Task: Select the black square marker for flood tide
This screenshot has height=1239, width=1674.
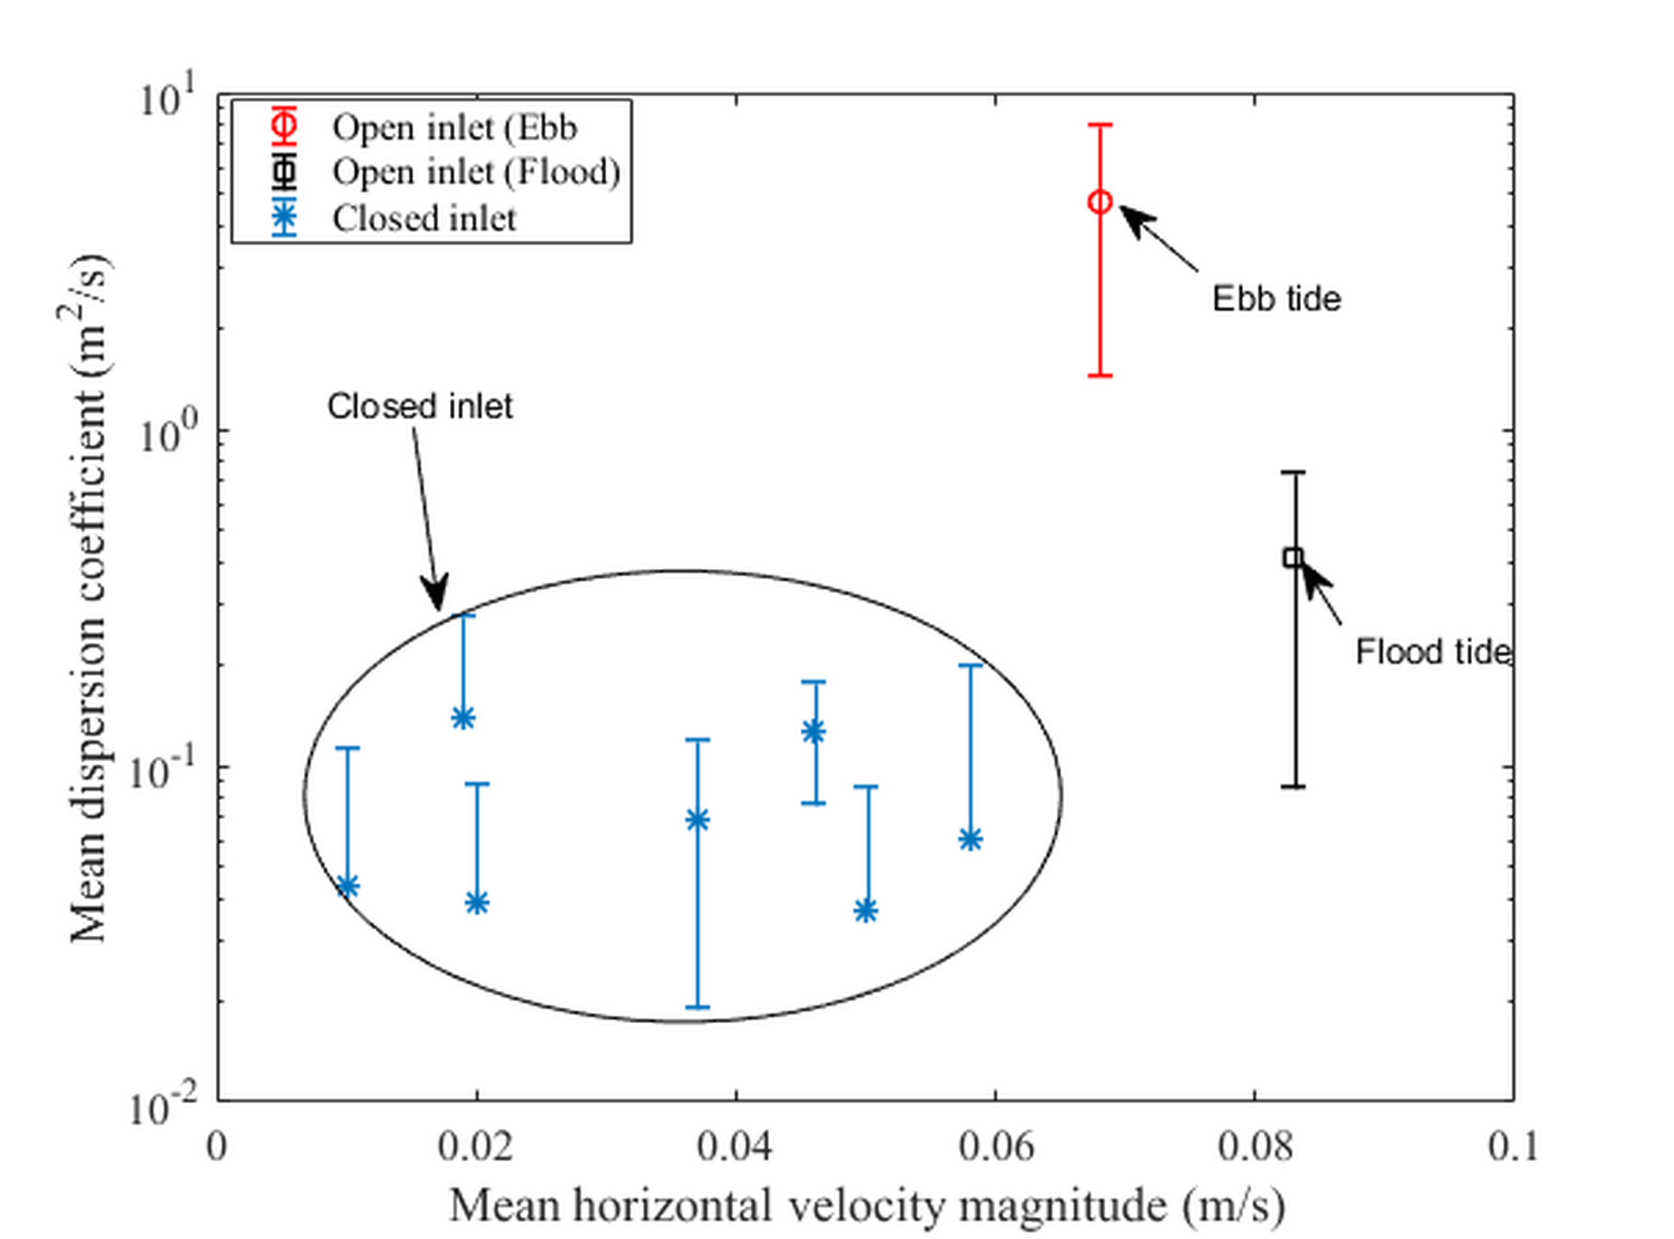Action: pyautogui.click(x=1292, y=557)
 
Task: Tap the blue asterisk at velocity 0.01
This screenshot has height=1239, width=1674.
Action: pyautogui.click(x=347, y=886)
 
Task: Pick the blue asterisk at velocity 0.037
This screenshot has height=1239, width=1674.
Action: pyautogui.click(x=698, y=820)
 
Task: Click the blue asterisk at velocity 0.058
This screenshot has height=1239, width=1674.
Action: pyautogui.click(x=970, y=839)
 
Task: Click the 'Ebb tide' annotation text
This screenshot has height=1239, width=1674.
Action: pyautogui.click(x=1277, y=299)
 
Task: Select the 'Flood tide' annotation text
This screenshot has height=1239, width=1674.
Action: pyautogui.click(x=1432, y=652)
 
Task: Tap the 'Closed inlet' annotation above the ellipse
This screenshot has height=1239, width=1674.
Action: pyautogui.click(x=420, y=406)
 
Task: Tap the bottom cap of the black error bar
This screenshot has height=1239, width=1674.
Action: pyautogui.click(x=1292, y=787)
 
